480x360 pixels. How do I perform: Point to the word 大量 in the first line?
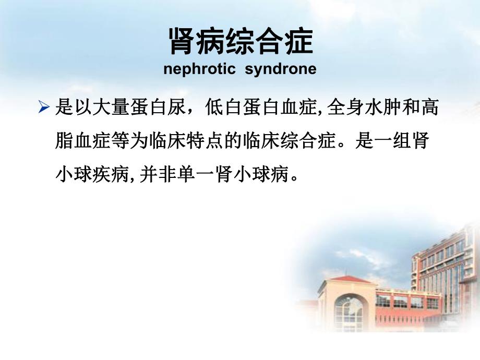111,109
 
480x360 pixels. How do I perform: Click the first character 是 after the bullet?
64,109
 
